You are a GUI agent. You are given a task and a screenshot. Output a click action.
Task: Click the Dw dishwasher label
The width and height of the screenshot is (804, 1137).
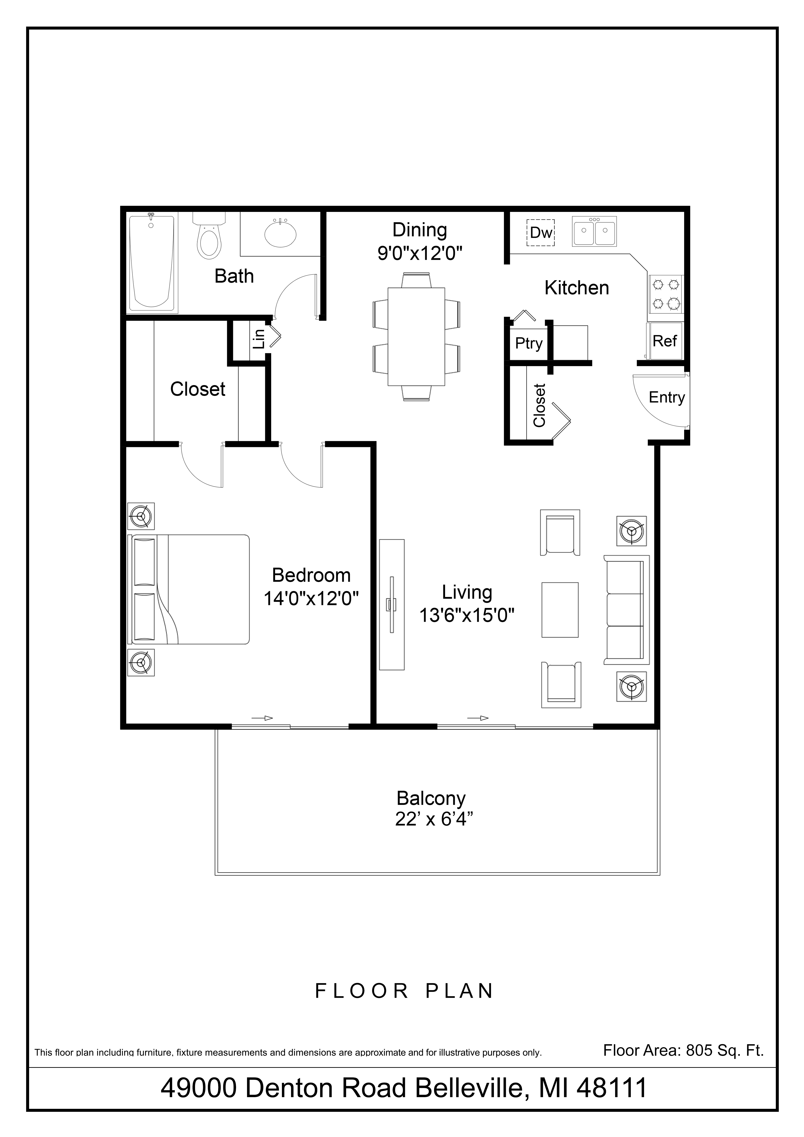point(540,233)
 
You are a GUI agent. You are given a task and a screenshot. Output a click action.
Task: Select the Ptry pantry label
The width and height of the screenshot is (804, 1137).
point(529,343)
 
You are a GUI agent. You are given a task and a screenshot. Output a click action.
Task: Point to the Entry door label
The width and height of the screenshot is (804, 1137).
point(666,397)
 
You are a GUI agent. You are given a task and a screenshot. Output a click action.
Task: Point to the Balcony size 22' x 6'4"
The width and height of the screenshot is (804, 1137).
point(431,819)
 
